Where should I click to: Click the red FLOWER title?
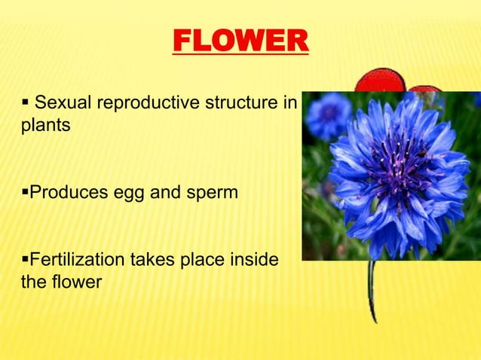point(240,41)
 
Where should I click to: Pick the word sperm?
point(213,194)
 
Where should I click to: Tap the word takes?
point(151,261)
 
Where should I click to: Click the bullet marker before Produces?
point(25,193)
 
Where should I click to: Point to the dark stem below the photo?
point(372,294)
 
